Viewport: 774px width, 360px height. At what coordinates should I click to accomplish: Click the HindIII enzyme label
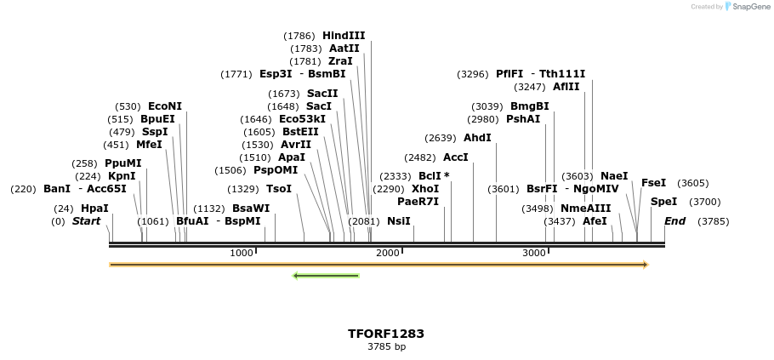(x=344, y=36)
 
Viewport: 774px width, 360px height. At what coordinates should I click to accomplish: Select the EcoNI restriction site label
(x=165, y=106)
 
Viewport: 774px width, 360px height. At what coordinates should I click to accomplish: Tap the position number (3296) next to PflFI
(x=472, y=74)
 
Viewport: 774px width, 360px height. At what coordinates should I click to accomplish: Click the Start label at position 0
(x=86, y=221)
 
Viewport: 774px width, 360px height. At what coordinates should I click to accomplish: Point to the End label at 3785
(x=674, y=221)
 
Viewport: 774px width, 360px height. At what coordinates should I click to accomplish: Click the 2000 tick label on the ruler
(x=387, y=253)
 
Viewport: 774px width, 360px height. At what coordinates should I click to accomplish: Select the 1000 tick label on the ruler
(x=242, y=253)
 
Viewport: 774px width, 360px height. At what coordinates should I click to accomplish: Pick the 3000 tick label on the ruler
(x=533, y=253)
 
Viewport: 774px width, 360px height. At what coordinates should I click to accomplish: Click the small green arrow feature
(x=325, y=276)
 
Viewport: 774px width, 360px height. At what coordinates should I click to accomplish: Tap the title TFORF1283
(x=386, y=334)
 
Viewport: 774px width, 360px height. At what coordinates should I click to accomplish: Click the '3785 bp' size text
(x=386, y=347)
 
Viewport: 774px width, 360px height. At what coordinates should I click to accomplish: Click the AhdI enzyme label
(x=477, y=138)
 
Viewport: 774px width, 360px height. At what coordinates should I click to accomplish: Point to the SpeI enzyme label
(x=663, y=202)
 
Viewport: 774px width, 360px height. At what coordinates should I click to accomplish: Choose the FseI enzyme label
(x=653, y=183)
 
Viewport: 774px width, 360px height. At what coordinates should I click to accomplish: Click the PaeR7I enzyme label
(x=418, y=202)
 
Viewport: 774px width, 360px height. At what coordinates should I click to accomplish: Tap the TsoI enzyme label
(x=279, y=189)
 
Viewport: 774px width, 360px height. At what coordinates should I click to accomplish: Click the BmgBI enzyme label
(x=529, y=106)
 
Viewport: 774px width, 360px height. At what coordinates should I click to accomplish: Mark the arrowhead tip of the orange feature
(x=647, y=265)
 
